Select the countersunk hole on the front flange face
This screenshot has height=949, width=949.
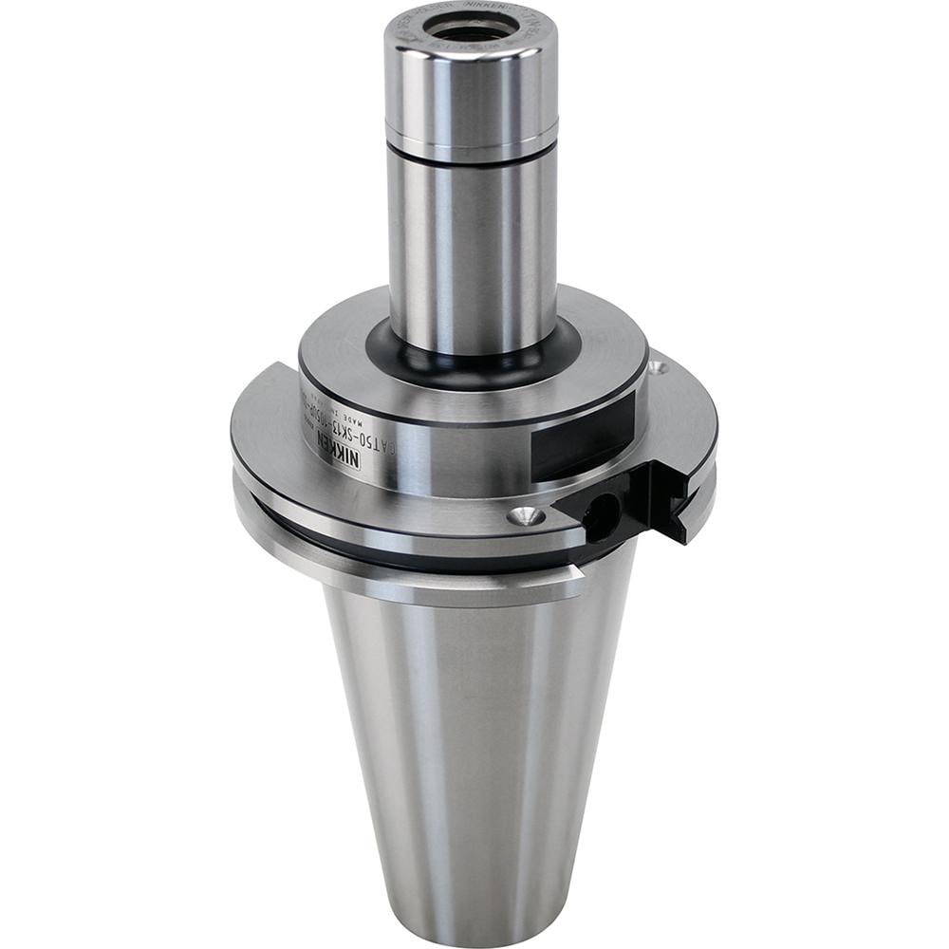tap(525, 516)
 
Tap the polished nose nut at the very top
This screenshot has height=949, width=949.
tap(471, 85)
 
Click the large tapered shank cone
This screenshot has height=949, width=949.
tap(474, 740)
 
